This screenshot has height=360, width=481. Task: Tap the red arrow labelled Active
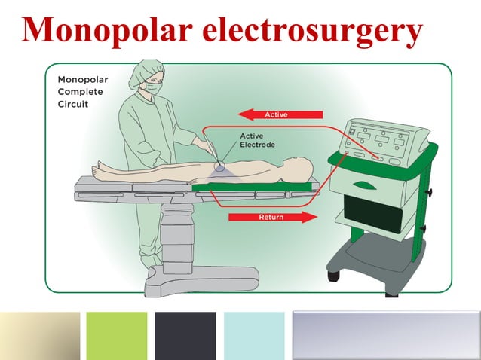point(280,114)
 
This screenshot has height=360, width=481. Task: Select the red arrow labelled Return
point(272,217)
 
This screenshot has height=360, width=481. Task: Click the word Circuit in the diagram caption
point(72,104)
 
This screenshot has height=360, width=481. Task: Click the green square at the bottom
point(117,335)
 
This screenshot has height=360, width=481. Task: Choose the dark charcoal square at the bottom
point(185,335)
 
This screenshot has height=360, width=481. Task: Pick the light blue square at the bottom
point(254,335)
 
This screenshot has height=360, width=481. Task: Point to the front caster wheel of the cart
point(335,274)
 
